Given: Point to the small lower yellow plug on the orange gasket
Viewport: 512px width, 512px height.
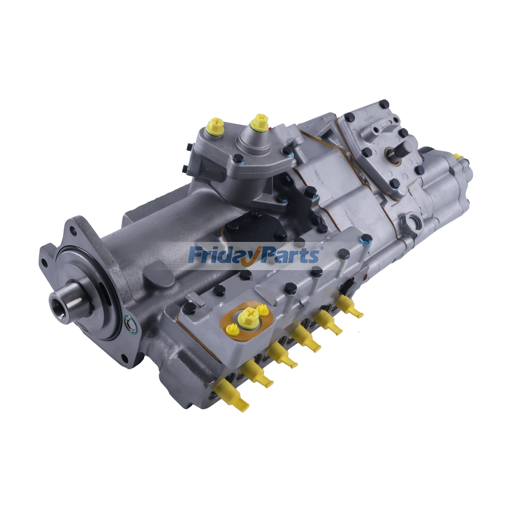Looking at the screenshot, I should coord(232,328).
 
